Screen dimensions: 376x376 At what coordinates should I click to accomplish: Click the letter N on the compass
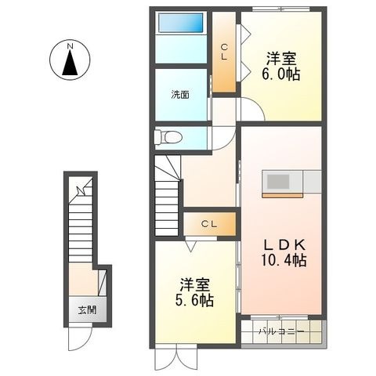tap(70, 46)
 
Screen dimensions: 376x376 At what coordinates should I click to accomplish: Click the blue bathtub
tap(181, 23)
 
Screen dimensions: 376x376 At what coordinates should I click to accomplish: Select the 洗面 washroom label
tap(180, 95)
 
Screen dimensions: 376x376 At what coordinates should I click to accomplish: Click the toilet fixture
tap(168, 137)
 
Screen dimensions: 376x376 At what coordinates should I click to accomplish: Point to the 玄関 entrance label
tap(87, 310)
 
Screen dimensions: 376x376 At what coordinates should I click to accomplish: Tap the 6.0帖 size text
tap(281, 74)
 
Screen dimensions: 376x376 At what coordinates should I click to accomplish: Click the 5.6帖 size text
tap(194, 300)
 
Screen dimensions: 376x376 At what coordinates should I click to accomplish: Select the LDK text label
tap(284, 245)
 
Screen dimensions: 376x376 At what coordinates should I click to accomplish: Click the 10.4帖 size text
tap(284, 260)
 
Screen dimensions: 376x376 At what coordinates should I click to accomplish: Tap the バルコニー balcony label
tap(281, 331)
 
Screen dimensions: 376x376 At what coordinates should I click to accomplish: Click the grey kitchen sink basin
tap(278, 182)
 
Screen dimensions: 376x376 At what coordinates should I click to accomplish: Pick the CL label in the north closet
tap(224, 52)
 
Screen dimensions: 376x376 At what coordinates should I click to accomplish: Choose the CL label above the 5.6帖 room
tap(209, 224)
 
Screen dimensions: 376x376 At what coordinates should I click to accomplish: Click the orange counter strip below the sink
tap(283, 195)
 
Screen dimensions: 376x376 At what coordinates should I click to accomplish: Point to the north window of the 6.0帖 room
tap(280, 9)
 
